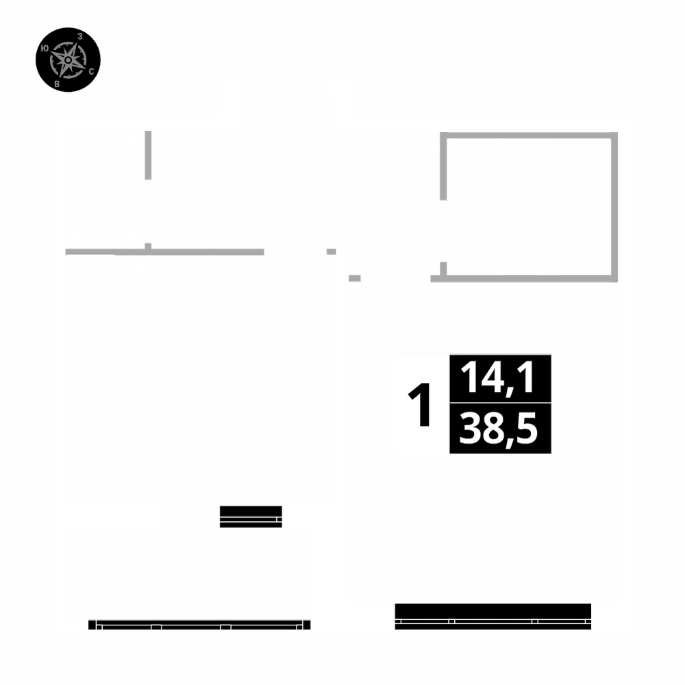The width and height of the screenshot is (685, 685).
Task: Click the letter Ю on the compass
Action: coord(45,49)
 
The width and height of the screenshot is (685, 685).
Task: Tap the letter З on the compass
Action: coord(81,36)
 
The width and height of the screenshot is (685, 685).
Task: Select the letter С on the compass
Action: coord(91,71)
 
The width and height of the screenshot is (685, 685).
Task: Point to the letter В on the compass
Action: coord(57,84)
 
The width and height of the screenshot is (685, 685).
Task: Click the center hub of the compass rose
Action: coord(68,60)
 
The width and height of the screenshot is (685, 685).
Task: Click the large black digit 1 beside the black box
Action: coord(420,405)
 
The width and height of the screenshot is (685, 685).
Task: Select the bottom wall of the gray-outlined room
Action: coord(527,278)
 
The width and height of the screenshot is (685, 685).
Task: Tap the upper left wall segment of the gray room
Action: coord(443,164)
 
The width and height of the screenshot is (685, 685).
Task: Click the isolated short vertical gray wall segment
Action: coord(148,155)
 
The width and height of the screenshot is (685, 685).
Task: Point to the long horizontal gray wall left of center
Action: coord(164,251)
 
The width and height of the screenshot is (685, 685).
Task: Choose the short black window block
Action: coord(251,516)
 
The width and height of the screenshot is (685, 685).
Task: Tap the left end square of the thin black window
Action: coord(92,625)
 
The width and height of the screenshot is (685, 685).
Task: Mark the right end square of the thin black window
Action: coord(306,625)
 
